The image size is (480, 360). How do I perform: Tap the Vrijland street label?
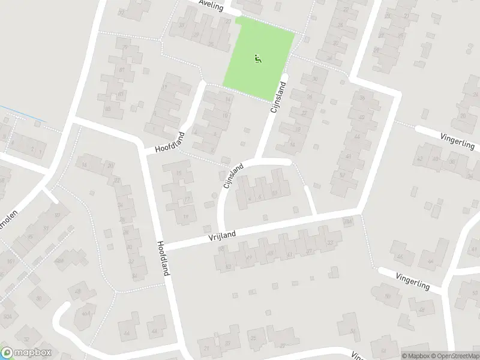[223, 234]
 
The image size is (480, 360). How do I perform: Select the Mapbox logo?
[26, 353]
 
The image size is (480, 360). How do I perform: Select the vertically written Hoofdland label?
[163, 258]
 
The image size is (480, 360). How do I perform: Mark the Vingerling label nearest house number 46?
[412, 279]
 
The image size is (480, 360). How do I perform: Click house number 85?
[108, 109]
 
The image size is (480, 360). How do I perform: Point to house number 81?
[122, 70]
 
